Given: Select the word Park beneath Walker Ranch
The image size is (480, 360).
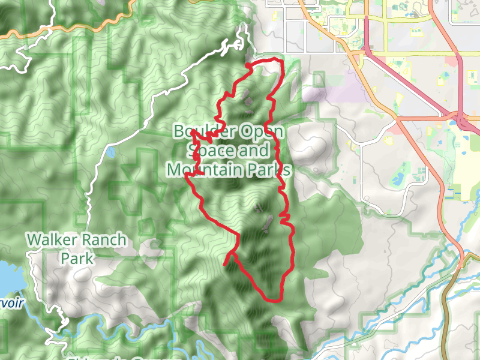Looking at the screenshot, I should pos(77,259).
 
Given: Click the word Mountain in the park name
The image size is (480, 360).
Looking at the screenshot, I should pos(203,170).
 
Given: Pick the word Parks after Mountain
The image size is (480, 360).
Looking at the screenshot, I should pos(268,170).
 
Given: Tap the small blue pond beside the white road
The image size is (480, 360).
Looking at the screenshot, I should pos(112,152).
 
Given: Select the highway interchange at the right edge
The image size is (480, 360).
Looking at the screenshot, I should pos(463,120).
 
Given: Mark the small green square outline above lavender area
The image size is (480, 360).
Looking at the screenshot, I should pos(318,79).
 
